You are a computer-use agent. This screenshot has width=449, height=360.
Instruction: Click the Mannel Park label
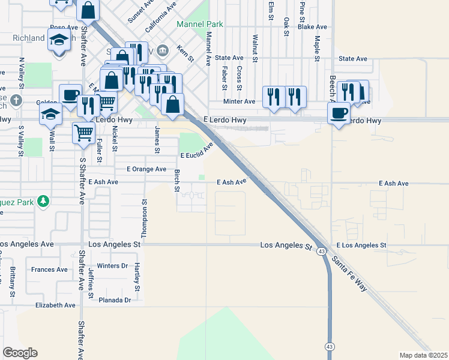[200, 25]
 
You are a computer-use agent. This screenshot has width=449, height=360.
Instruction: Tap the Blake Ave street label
[312, 27]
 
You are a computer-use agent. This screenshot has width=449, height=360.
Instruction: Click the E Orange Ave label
[140, 169]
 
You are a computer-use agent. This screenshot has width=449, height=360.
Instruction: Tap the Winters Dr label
[113, 265]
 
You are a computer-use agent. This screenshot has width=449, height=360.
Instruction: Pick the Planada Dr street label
[115, 300]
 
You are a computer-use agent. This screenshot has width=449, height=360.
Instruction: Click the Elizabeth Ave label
[55, 305]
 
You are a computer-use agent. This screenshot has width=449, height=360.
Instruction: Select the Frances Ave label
[50, 269]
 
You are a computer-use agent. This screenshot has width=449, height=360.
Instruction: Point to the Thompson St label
[145, 217]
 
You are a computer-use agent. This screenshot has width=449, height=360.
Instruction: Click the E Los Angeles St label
[361, 245]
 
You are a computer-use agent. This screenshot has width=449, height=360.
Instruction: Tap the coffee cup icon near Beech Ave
[339, 113]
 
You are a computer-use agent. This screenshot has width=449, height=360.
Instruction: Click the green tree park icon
[43, 200]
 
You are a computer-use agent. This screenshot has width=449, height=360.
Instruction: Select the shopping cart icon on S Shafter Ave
[84, 133]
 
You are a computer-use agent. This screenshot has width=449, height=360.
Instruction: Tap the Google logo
[20, 353]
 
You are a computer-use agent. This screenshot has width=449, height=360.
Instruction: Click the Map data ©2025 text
[423, 355]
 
